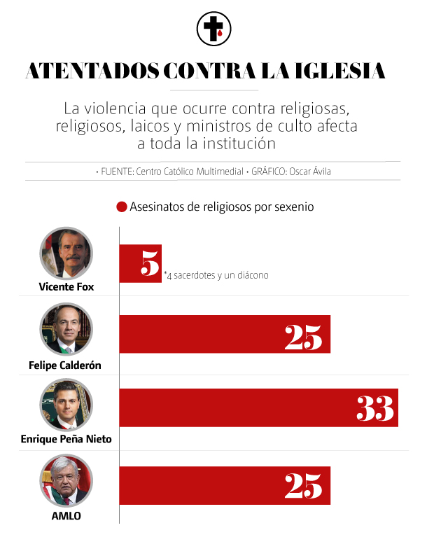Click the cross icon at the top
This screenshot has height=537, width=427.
[x=213, y=29]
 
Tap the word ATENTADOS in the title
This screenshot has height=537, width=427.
[x=90, y=72]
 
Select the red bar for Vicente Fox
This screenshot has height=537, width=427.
[x=140, y=263]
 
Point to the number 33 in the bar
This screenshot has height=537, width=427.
[x=375, y=407]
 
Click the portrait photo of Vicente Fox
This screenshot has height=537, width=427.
[x=66, y=253]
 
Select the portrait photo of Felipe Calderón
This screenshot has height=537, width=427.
[x=66, y=329]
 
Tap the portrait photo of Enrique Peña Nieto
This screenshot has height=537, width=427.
[x=66, y=404]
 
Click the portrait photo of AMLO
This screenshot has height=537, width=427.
[x=66, y=480]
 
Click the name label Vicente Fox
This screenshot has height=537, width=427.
[x=66, y=286]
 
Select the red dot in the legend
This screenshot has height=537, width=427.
[x=122, y=207]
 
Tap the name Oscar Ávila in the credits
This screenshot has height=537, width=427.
[x=309, y=171]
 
